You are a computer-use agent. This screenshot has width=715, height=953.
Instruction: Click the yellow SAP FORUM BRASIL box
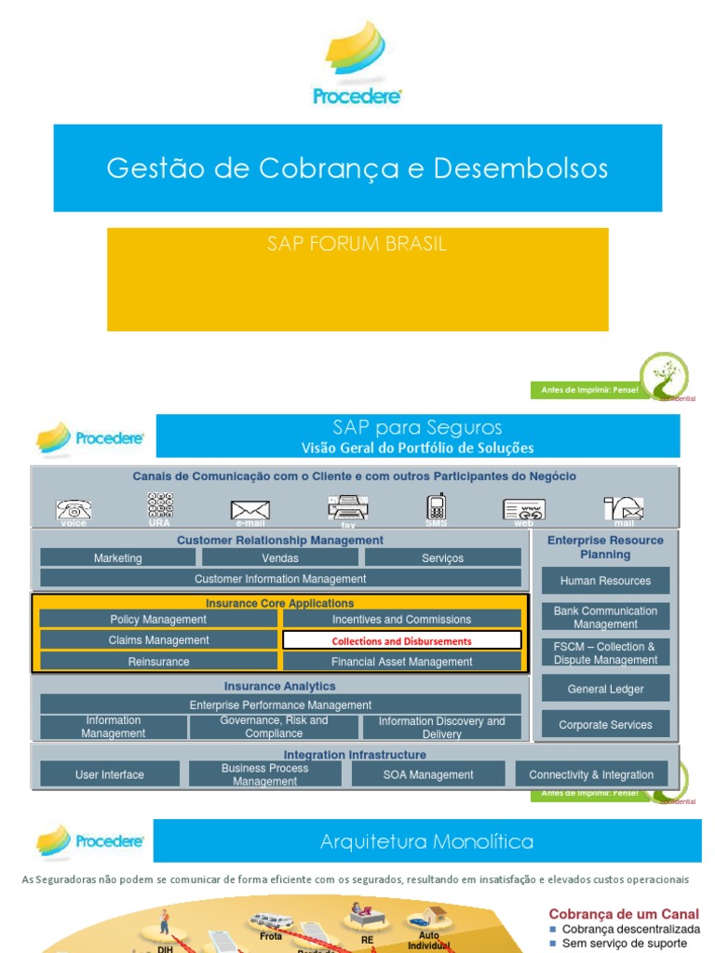click(x=357, y=279)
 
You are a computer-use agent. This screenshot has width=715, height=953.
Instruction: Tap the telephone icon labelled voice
click(x=73, y=510)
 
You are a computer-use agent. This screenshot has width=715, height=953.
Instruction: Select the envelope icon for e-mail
click(x=250, y=510)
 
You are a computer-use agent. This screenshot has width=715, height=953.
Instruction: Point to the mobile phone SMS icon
click(x=436, y=507)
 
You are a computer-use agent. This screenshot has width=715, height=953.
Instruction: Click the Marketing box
click(x=118, y=558)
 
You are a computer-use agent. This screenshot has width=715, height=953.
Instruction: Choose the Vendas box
click(x=280, y=558)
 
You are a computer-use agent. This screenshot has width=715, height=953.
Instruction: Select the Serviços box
click(x=442, y=558)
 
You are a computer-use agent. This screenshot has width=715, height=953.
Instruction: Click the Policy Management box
click(x=158, y=620)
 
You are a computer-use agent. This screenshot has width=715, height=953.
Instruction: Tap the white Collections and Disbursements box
click(x=401, y=640)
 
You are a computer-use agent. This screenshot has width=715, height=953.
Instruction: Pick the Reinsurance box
click(x=158, y=662)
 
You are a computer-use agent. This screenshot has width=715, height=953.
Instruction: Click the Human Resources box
click(x=605, y=581)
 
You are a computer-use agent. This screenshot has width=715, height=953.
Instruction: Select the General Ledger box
click(x=605, y=690)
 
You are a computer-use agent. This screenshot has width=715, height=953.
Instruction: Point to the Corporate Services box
click(x=605, y=725)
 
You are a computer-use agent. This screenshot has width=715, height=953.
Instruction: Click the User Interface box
click(x=110, y=774)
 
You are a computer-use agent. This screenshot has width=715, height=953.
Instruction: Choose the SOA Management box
click(x=428, y=774)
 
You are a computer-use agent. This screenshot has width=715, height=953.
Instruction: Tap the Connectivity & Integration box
click(x=591, y=774)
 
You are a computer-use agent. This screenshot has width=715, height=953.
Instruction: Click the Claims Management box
click(x=158, y=640)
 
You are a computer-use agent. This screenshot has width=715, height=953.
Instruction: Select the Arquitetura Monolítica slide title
click(x=426, y=842)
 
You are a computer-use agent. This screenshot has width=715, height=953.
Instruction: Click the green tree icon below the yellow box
click(x=665, y=375)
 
